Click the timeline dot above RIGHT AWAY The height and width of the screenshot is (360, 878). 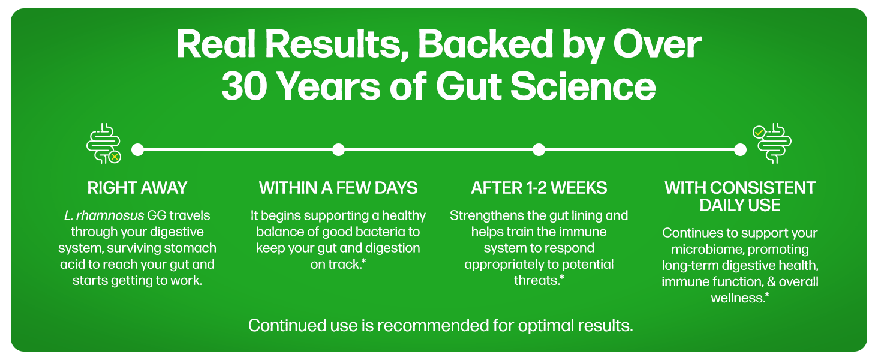137,150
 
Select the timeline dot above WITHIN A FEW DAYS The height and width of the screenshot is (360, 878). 338,150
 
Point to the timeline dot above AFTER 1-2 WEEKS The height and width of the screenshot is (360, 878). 539,150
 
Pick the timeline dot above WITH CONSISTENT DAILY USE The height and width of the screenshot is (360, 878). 740,150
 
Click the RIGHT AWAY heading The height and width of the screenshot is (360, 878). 137,188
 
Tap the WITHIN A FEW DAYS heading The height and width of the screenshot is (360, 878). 338,188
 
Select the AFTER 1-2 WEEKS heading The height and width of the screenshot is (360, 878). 539,188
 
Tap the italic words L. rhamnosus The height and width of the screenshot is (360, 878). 104,215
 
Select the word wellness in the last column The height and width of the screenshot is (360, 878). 738,298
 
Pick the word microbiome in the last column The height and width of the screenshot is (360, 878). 700,250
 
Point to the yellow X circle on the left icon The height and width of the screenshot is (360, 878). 115,157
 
